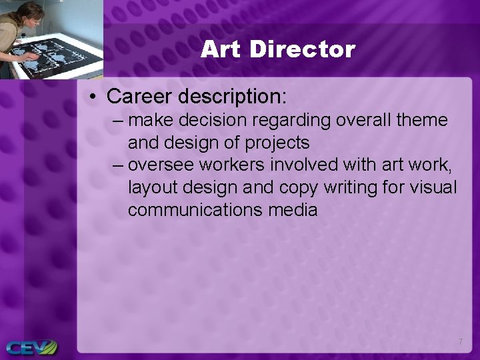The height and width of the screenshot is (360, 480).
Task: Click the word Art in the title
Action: click(x=220, y=49)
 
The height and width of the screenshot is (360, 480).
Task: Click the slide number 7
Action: click(x=460, y=342)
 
